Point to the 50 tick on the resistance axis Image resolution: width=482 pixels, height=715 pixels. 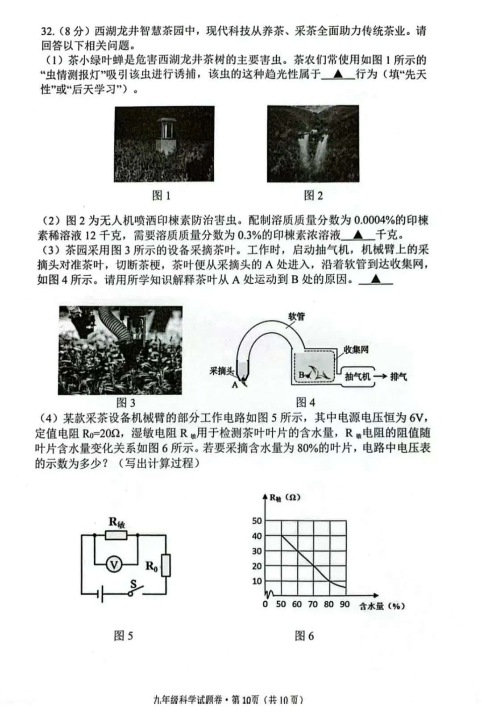pos(257,521)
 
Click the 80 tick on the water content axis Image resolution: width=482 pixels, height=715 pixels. pos(329,604)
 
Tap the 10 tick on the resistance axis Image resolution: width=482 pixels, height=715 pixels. pos(257,581)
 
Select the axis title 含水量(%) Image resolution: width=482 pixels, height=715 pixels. pos(382,606)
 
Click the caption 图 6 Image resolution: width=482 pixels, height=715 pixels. pos(304,636)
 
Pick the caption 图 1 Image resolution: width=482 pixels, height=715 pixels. pos(161,195)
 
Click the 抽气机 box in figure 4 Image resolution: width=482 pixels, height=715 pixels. pos(357,376)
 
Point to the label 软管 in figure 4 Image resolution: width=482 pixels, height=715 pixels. pos(296,317)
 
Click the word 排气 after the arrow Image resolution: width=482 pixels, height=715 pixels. pos(398,376)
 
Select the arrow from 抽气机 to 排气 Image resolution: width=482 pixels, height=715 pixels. pos(380,376)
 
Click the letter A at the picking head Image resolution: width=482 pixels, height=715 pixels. pos(235,384)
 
